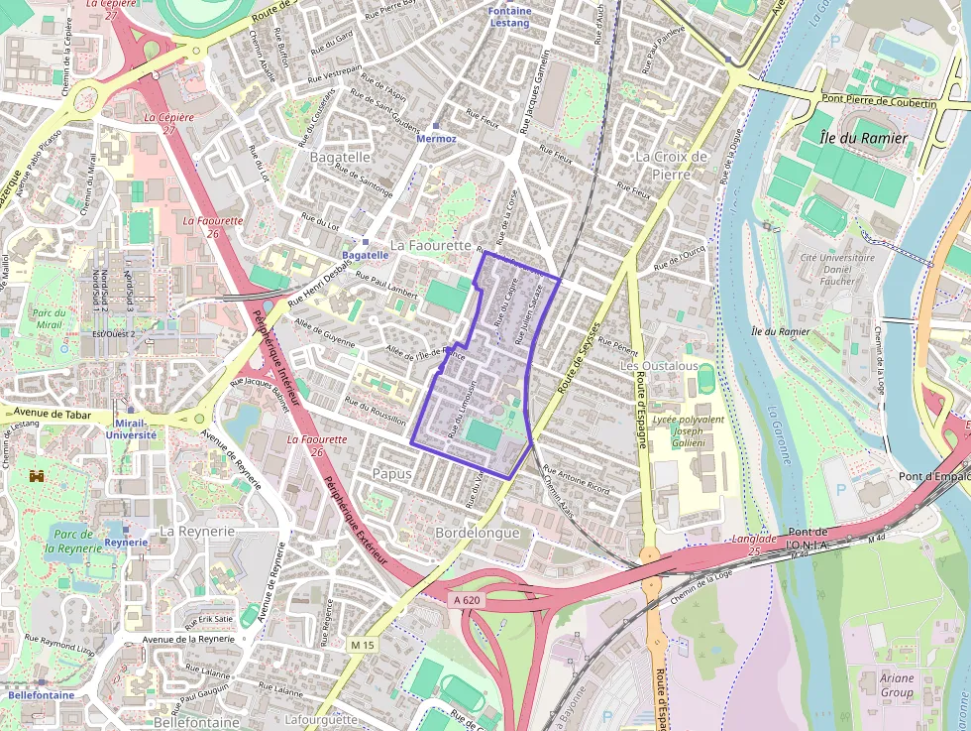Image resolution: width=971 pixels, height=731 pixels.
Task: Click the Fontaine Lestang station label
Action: (x=510, y=16)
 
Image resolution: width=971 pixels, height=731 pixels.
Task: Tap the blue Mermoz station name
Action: (x=437, y=139)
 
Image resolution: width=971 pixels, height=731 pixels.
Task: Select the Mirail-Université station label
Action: (x=131, y=428)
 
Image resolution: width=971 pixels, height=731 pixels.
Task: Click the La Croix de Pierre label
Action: (x=672, y=165)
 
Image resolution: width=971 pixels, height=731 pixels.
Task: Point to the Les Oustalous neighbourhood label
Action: (x=659, y=366)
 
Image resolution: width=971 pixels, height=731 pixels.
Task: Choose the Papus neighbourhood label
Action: (x=391, y=474)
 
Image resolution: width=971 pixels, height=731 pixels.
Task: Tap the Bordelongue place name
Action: (x=478, y=533)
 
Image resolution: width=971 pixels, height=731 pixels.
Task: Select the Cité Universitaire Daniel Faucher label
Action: (x=837, y=269)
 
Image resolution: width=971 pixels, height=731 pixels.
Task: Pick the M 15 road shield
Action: (x=363, y=645)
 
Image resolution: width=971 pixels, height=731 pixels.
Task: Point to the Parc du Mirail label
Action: (x=49, y=318)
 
